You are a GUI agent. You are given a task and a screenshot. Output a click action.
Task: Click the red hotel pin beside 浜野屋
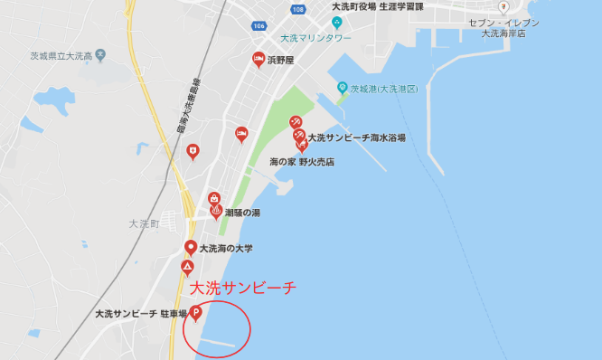pos(258,60)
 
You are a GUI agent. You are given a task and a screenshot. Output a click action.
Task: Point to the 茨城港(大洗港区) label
pos(384,88)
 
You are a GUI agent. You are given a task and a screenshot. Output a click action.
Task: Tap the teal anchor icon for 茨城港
pos(343,88)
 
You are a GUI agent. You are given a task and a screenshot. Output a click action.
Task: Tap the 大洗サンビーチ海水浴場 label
pos(356,138)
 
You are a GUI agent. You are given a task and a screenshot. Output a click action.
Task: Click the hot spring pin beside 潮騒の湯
pos(216,212)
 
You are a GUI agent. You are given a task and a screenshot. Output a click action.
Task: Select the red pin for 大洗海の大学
pos(191,248)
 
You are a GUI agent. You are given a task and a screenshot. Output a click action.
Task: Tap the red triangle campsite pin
pos(187,268)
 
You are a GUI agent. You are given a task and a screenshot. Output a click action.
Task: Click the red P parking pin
pos(195,315)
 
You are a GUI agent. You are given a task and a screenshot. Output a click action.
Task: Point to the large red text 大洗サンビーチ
pos(242,289)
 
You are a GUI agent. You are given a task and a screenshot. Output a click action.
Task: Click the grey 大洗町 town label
pos(144,223)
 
